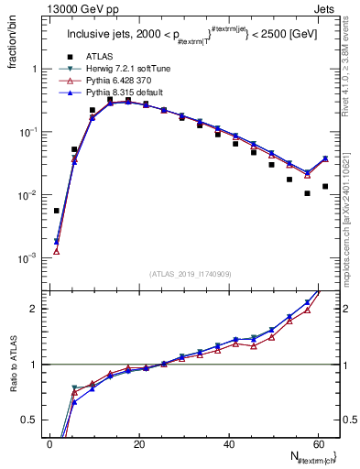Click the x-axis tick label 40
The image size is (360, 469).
point(228,443)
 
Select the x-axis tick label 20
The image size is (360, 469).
point(139,443)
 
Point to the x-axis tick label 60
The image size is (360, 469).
point(317,443)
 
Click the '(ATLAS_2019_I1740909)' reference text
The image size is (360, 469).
point(190,273)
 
